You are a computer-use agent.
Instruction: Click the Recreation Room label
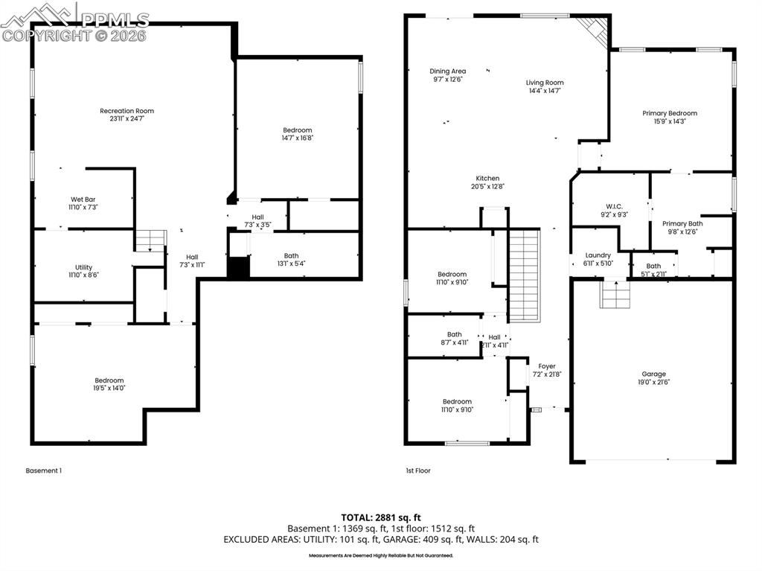pos(127,111)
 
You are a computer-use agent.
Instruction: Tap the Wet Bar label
pos(83,199)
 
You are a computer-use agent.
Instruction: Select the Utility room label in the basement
pos(83,267)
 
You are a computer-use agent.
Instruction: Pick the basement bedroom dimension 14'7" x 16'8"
pos(297,137)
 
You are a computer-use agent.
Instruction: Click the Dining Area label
pos(448,71)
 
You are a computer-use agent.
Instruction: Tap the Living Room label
pos(545,83)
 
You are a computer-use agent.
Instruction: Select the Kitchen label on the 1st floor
pos(487,178)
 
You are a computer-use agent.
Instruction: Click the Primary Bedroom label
pos(670,113)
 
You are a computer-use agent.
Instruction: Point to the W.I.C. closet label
pos(613,206)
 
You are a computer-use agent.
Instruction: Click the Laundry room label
pos(598,255)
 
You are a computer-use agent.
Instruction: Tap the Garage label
pos(654,374)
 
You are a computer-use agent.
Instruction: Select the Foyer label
pos(547,366)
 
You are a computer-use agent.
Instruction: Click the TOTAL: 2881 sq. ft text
pos(381,517)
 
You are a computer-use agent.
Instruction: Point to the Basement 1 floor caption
pos(43,470)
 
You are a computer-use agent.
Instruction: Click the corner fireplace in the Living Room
pos(594,30)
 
